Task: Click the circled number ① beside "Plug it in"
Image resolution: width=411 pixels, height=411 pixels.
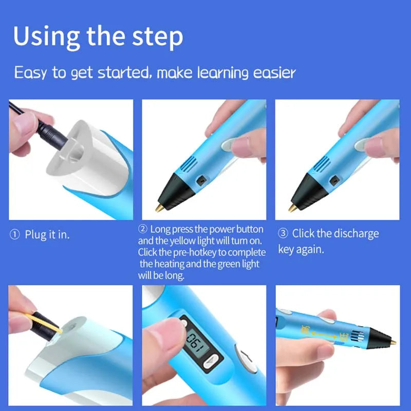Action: [14, 235]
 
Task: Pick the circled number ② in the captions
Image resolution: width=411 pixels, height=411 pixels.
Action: [143, 229]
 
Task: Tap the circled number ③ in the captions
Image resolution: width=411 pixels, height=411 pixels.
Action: [283, 234]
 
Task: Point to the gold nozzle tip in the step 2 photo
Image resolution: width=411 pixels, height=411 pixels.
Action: [159, 208]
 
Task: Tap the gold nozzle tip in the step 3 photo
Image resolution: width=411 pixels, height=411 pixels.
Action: [292, 208]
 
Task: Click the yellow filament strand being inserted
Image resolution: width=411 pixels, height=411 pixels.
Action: [44, 323]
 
